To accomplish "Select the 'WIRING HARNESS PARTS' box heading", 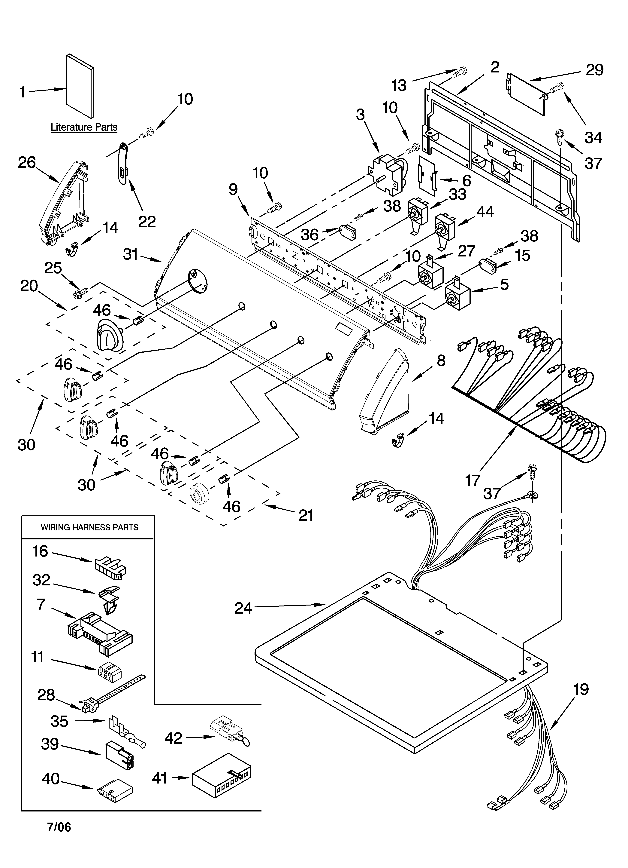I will [x=89, y=527].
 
